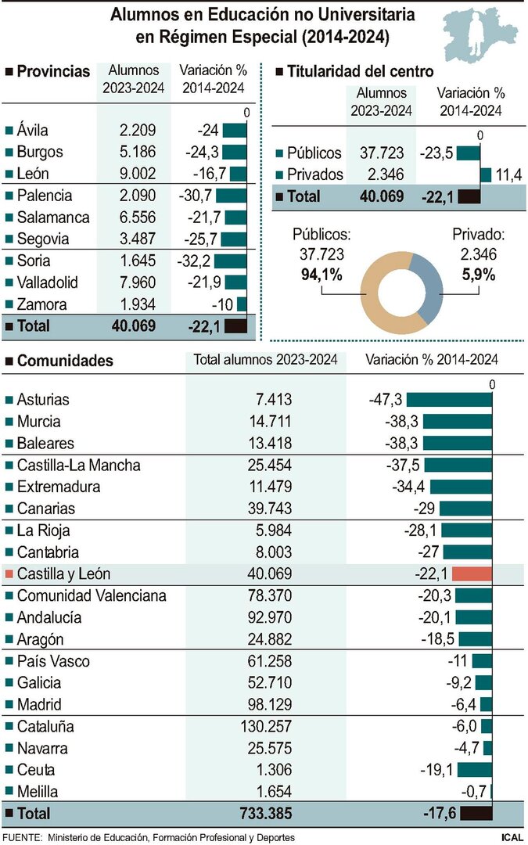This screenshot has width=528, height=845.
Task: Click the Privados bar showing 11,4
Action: click(486, 174)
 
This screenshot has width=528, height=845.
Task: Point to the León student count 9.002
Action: click(134, 174)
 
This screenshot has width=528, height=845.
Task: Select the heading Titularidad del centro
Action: click(360, 71)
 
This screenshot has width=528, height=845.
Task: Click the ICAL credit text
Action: click(512, 837)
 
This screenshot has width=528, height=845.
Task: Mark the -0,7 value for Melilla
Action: click(473, 791)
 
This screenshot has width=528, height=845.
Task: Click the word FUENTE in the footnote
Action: click(22, 837)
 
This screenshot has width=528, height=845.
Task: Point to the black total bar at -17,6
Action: click(476, 814)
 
